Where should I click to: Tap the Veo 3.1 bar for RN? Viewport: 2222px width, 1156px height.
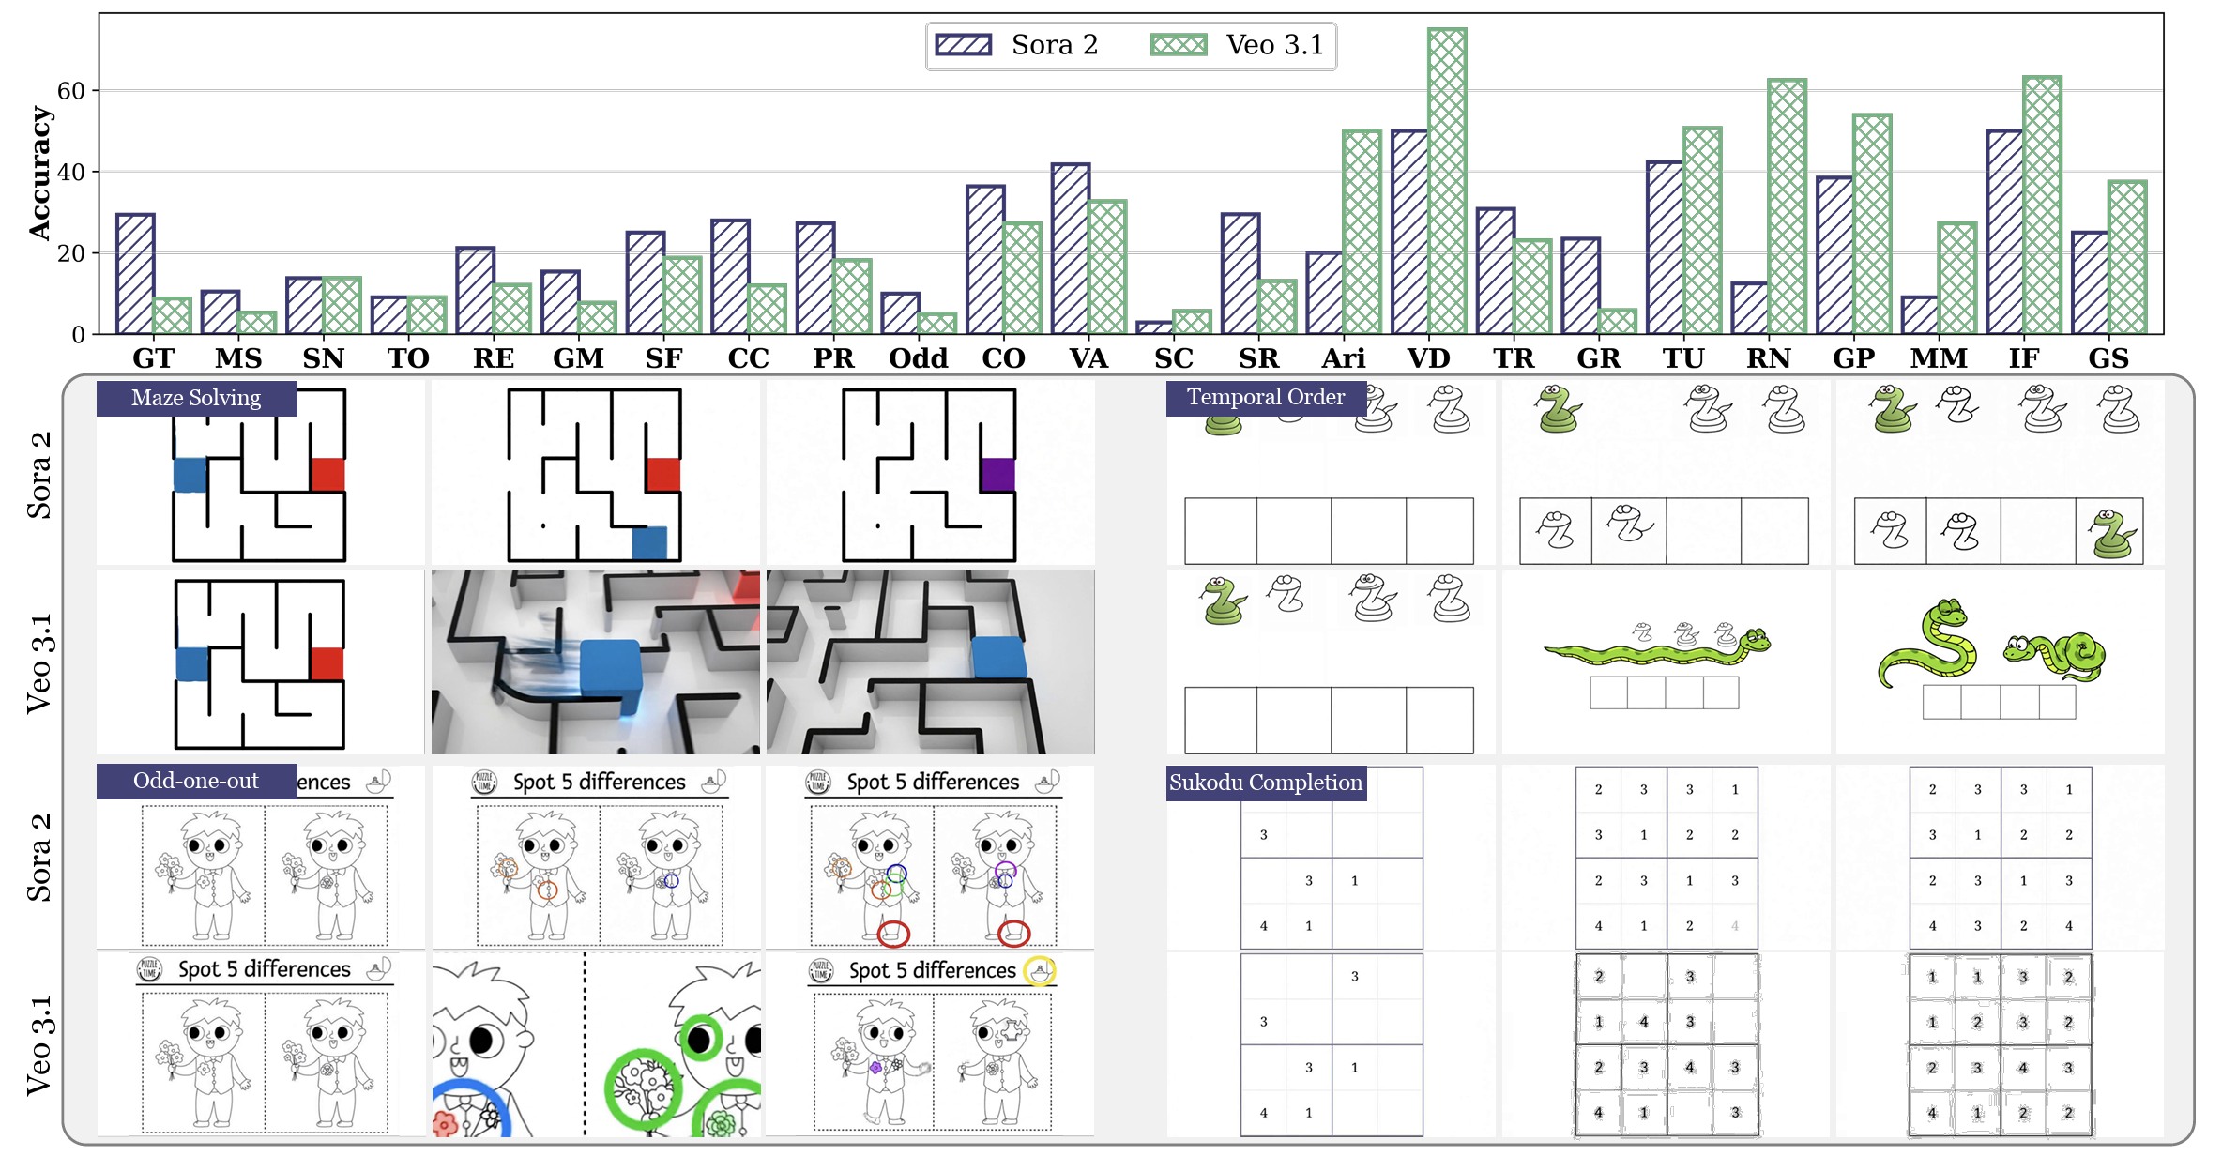click(x=1787, y=206)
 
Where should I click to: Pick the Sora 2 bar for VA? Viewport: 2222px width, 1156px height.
click(x=1071, y=249)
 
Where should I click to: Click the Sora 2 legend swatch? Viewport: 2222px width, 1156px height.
click(x=964, y=45)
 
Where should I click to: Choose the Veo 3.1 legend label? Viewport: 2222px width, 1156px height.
click(x=1274, y=45)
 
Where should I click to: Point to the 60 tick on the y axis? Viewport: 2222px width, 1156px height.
click(x=70, y=91)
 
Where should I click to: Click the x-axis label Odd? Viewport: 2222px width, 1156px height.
click(x=918, y=357)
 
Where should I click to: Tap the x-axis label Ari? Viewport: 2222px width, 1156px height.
click(x=1343, y=357)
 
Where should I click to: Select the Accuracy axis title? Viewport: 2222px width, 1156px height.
click(x=39, y=174)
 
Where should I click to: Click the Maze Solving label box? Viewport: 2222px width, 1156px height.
click(x=196, y=398)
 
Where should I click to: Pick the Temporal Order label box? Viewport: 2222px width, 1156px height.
click(x=1265, y=397)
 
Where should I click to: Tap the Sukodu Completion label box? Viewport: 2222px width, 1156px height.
click(x=1265, y=783)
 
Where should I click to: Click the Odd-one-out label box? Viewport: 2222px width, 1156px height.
click(x=196, y=781)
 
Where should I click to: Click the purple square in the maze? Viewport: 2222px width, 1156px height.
click(x=997, y=475)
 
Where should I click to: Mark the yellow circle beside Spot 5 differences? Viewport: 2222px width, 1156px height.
click(x=1039, y=971)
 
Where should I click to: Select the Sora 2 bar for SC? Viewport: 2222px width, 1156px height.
click(x=1154, y=327)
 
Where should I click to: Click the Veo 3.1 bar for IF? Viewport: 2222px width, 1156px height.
click(x=2042, y=205)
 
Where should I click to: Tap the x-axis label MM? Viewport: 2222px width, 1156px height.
click(x=1939, y=357)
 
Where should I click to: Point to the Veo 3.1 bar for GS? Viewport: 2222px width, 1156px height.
click(x=2127, y=257)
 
